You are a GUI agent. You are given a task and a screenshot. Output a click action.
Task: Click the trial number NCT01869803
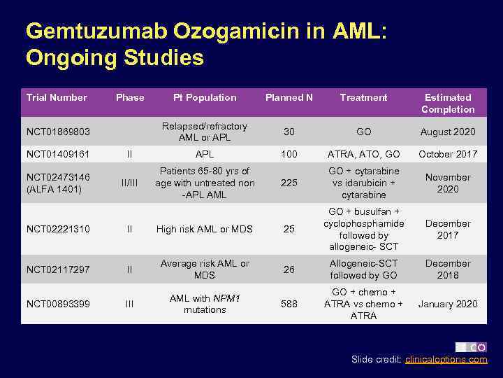(59, 132)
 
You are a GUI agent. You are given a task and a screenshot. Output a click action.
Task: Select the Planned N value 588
(289, 304)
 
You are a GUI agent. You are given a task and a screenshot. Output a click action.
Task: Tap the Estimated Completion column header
(448, 104)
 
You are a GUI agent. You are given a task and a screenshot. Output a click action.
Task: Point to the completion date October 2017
(448, 154)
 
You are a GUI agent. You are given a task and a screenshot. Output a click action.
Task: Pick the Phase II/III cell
(129, 183)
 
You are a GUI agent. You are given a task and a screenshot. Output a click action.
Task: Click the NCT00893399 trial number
(59, 304)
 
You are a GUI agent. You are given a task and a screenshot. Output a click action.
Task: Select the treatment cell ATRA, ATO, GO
(364, 154)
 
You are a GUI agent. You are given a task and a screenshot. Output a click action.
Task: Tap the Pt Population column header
(205, 98)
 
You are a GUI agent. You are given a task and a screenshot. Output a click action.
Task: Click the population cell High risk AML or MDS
(205, 229)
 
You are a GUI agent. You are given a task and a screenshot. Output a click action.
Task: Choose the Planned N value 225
(289, 183)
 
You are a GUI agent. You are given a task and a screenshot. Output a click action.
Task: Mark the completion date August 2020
(448, 132)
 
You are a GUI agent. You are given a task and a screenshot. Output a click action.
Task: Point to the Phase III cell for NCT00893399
(129, 304)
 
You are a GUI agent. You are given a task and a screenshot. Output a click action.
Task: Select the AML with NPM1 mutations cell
(205, 304)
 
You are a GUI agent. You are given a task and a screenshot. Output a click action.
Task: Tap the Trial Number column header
(57, 98)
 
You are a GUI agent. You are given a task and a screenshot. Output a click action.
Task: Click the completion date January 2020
(448, 304)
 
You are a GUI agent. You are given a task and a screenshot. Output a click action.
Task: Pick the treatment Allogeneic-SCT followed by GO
(364, 269)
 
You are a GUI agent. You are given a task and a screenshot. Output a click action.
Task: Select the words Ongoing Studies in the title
(115, 57)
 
